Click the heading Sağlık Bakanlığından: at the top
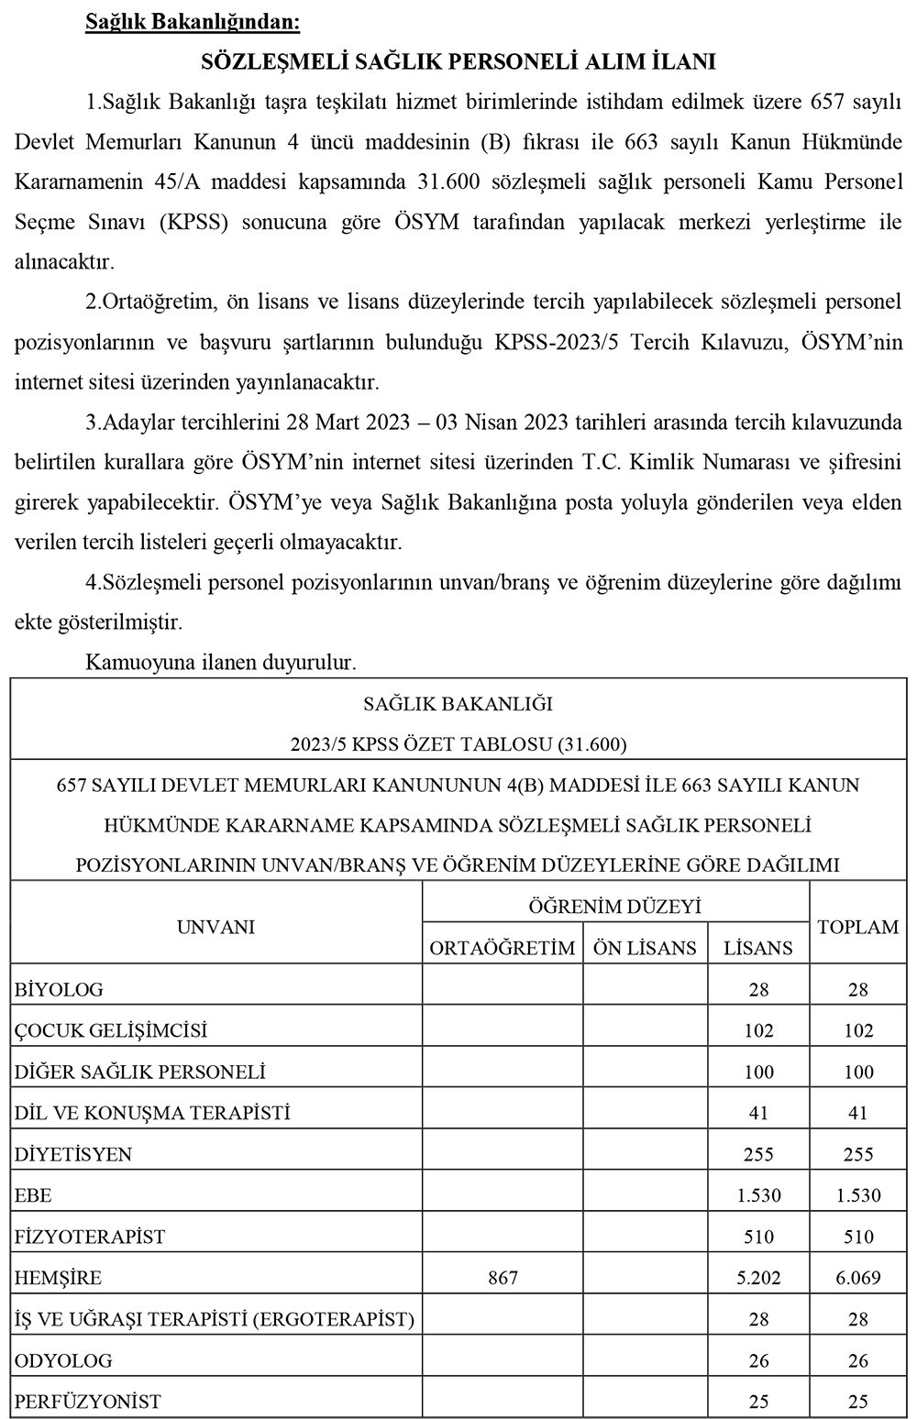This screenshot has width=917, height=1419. tap(192, 21)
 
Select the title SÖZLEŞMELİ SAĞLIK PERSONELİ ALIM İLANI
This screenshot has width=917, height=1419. tap(458, 61)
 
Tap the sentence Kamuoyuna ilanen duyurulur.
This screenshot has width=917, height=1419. tap(220, 661)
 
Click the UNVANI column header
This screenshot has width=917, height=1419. tap(215, 927)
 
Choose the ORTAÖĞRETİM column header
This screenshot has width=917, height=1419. tap(503, 948)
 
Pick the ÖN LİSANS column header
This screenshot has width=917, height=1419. tap(645, 948)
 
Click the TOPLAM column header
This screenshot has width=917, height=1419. tap(857, 927)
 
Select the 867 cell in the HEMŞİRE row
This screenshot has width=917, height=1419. tap(503, 1277)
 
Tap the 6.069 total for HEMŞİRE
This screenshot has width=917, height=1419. tap(857, 1277)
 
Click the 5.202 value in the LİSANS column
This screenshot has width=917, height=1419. tap(758, 1277)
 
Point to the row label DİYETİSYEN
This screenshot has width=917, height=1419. tap(73, 1154)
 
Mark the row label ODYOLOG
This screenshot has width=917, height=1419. tap(63, 1360)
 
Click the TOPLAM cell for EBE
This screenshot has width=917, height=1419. tap(857, 1195)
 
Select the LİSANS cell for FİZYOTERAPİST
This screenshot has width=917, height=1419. tap(758, 1237)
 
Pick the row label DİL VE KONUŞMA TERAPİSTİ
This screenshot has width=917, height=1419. tap(152, 1113)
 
